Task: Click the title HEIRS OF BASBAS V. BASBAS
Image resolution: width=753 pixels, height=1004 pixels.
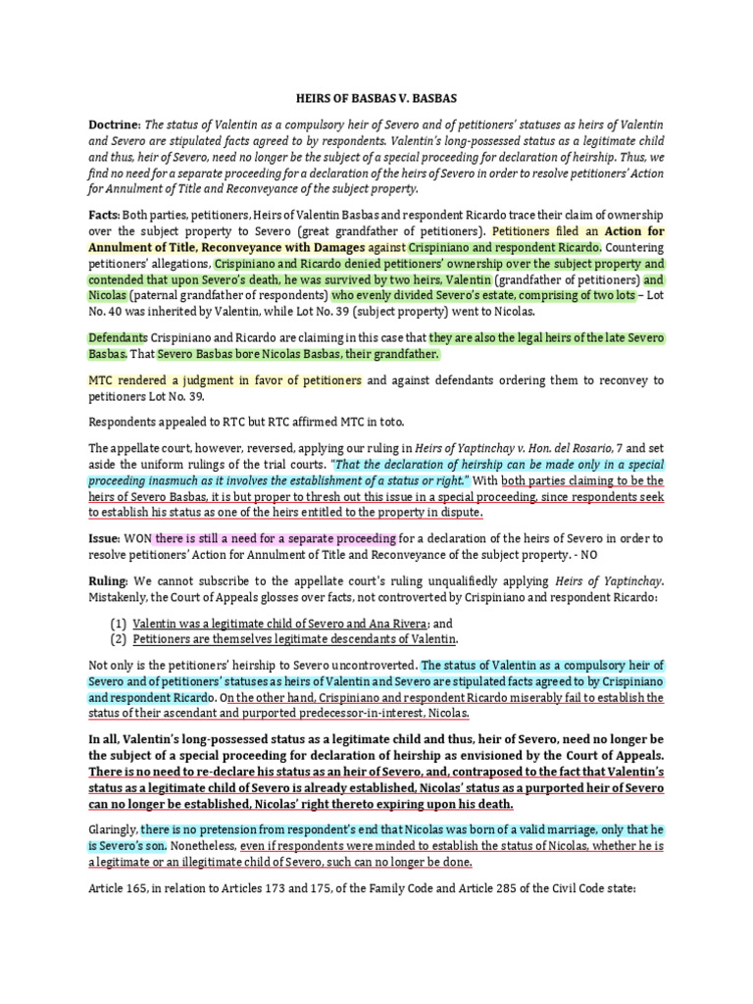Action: (376, 99)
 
